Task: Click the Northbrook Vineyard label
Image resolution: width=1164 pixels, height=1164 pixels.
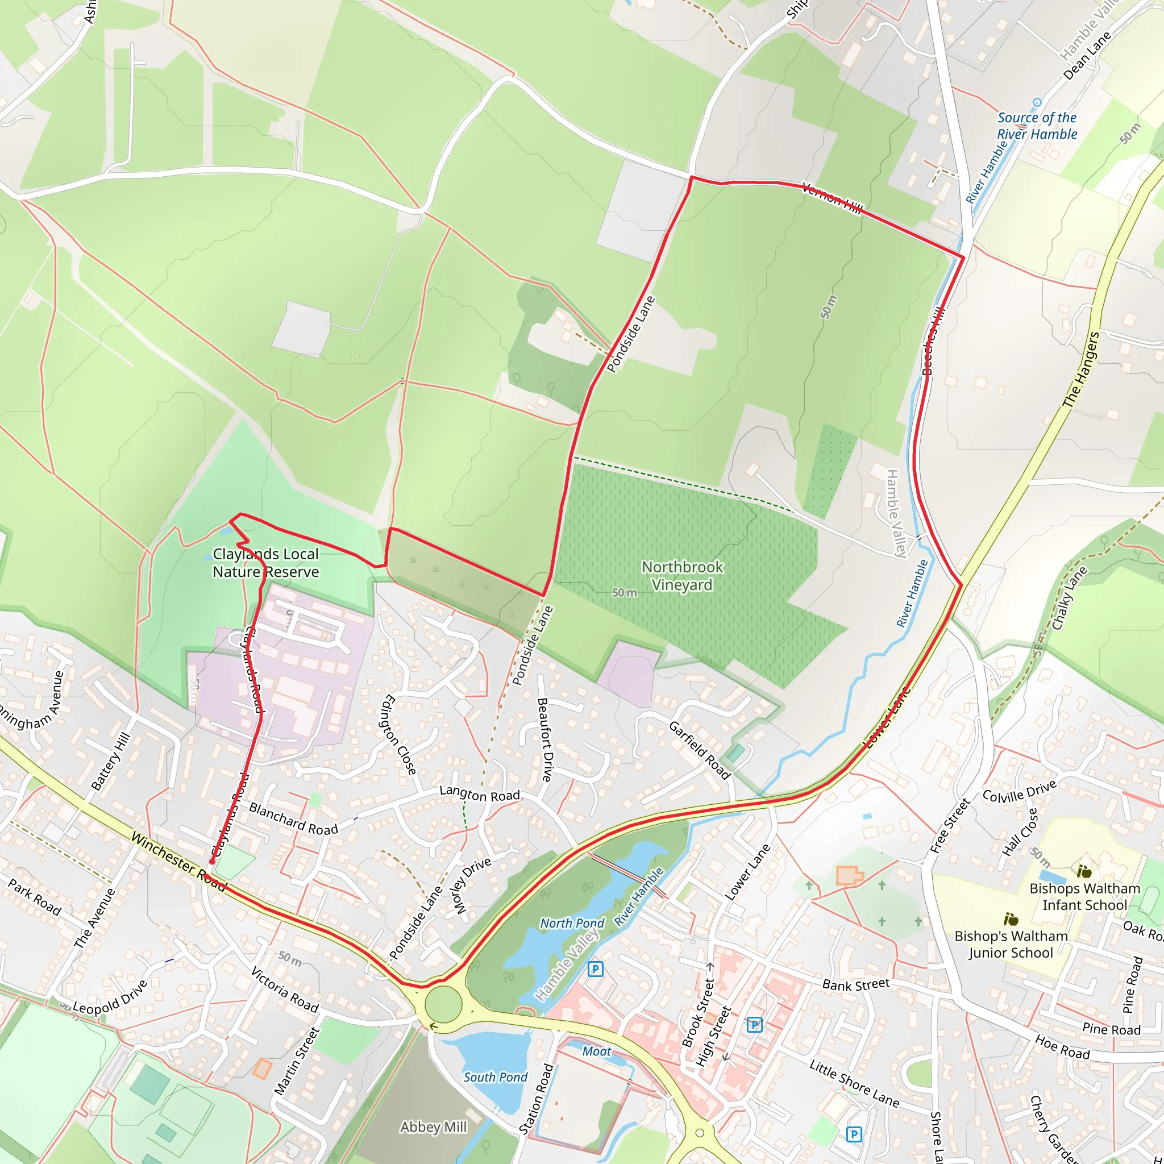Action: click(682, 576)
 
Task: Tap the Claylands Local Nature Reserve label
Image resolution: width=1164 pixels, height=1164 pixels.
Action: click(265, 563)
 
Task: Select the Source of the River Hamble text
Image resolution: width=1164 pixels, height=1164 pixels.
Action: click(1036, 126)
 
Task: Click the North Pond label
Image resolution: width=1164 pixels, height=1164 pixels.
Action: click(572, 923)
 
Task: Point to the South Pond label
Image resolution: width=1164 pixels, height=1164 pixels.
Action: click(495, 1076)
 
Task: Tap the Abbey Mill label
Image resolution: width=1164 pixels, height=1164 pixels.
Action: click(433, 1126)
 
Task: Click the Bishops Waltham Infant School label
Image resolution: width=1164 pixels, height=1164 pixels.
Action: click(1084, 896)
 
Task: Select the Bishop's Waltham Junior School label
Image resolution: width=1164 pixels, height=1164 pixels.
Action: click(1011, 944)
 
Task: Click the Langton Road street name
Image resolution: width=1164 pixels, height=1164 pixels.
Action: click(479, 794)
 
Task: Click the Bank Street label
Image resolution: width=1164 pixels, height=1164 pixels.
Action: click(855, 984)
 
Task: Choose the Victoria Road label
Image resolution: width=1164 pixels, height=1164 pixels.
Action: click(284, 990)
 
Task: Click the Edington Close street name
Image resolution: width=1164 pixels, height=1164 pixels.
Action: click(399, 734)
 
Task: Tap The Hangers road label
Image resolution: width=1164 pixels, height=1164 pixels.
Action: click(1081, 370)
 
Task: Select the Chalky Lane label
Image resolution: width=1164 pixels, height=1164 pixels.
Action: click(1069, 598)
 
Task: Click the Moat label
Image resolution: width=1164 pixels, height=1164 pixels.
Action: click(596, 1051)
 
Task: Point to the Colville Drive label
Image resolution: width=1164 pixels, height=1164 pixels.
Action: click(1020, 792)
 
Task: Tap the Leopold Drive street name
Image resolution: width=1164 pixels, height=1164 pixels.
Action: click(110, 997)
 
